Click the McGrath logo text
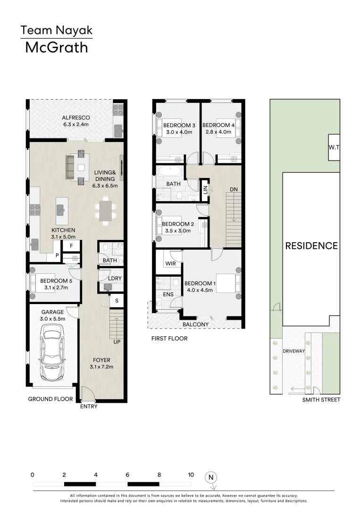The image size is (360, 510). (56, 48)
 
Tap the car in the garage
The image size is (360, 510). (52, 355)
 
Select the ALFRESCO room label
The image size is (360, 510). (76, 118)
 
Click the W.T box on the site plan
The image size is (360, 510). (334, 147)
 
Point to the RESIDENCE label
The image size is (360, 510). (311, 246)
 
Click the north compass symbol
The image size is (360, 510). (211, 477)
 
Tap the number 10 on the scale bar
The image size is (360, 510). (191, 475)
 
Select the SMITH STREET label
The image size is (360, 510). (321, 400)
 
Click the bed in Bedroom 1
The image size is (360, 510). (228, 283)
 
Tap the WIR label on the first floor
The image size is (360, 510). (170, 263)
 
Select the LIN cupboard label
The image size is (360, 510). (205, 189)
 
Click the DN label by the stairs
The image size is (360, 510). (234, 189)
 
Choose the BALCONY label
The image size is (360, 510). (195, 324)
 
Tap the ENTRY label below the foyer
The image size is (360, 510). (89, 407)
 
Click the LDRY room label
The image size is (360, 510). (115, 278)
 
